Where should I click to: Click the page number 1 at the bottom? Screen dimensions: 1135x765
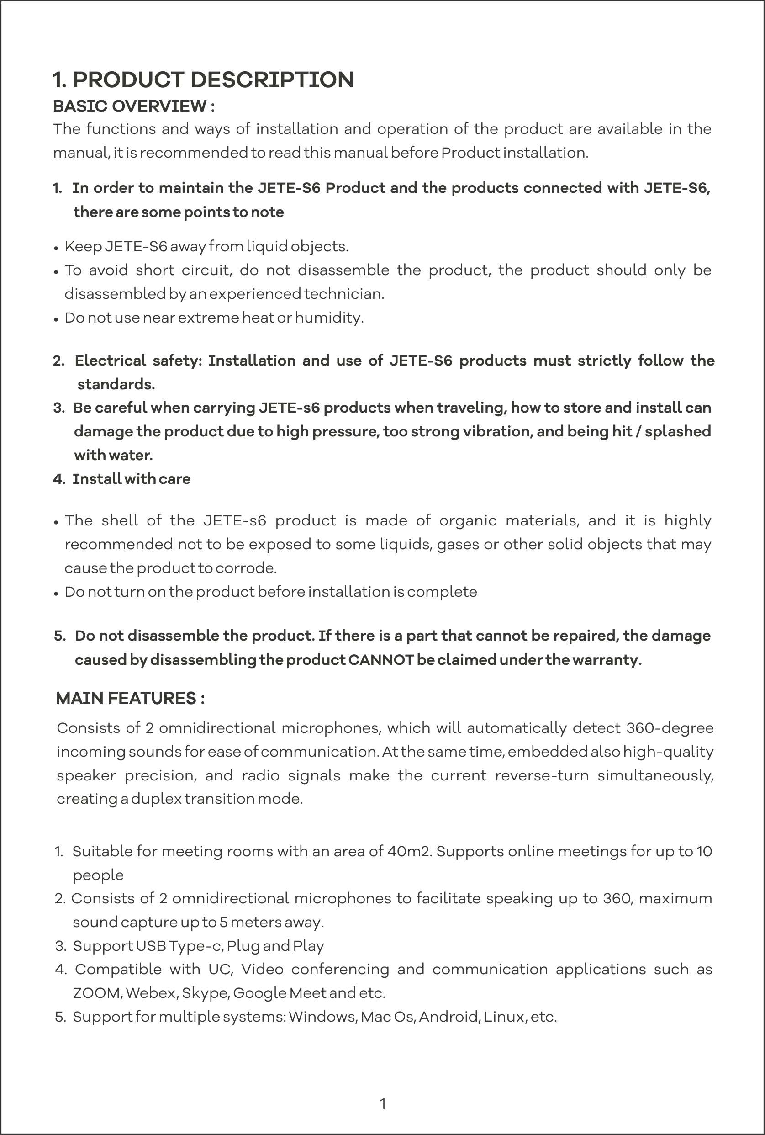click(x=383, y=1103)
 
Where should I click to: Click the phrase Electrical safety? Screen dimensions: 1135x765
click(x=138, y=361)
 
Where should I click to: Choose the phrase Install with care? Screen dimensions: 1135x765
click(x=131, y=479)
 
